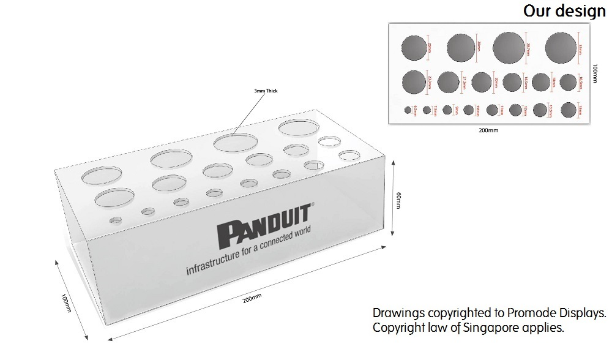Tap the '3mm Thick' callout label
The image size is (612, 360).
pyautogui.click(x=266, y=91)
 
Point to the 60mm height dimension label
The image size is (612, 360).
pyautogui.click(x=398, y=201)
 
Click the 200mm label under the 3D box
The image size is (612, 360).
pyautogui.click(x=252, y=299)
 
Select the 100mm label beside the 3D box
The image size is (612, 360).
pyautogui.click(x=66, y=302)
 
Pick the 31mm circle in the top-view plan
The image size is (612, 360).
pyautogui.click(x=561, y=47)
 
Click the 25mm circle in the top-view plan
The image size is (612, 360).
pyautogui.click(x=414, y=47)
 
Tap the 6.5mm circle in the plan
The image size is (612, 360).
pyautogui.click(x=408, y=110)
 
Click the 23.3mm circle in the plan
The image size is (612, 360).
pyautogui.click(x=414, y=82)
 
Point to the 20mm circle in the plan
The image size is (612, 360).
pyautogui.click(x=482, y=82)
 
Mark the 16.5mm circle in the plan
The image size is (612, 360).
pyautogui.click(x=568, y=81)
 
